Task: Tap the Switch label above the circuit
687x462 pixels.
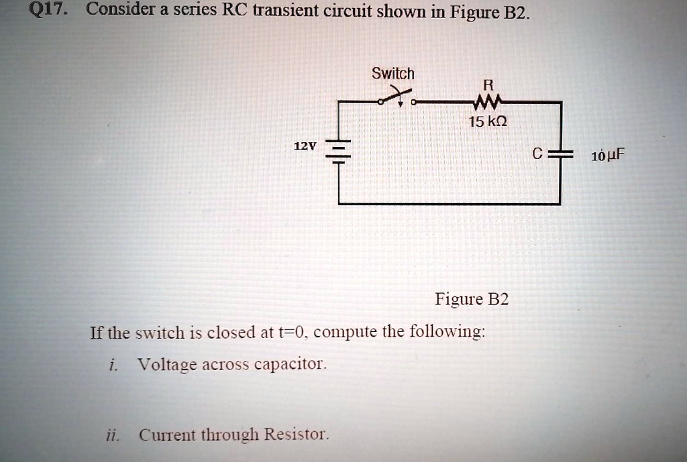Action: pyautogui.click(x=393, y=73)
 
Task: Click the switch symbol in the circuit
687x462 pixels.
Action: pyautogui.click(x=399, y=99)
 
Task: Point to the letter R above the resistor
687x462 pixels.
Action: pyautogui.click(x=488, y=85)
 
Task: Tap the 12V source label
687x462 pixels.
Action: pyautogui.click(x=304, y=146)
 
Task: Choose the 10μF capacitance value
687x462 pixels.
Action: pyautogui.click(x=608, y=157)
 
